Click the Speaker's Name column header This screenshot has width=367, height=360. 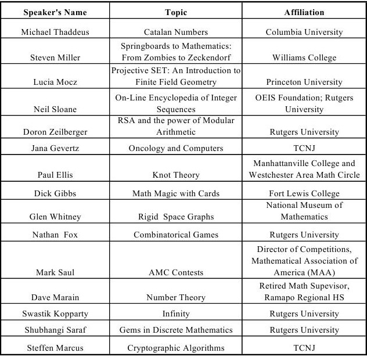[55, 12]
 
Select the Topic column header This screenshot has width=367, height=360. [176, 12]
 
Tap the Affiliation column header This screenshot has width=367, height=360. [304, 12]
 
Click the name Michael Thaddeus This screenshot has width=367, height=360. [55, 32]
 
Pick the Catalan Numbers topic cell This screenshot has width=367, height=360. [176, 32]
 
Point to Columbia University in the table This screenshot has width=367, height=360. [304, 32]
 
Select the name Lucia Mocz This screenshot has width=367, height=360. [55, 82]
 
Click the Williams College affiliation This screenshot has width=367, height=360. [304, 57]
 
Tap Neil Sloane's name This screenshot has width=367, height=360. [55, 109]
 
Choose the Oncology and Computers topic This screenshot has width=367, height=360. [176, 148]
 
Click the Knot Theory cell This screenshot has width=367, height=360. [176, 175]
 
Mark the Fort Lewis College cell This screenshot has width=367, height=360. [304, 193]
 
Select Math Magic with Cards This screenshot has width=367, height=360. [176, 193]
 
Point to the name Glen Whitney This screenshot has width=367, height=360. [55, 217]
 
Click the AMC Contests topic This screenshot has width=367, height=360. [176, 272]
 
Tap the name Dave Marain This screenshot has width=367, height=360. [55, 297]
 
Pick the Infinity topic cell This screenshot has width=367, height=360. [176, 314]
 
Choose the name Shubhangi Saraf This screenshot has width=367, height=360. [55, 330]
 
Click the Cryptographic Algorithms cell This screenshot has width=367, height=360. [176, 348]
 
